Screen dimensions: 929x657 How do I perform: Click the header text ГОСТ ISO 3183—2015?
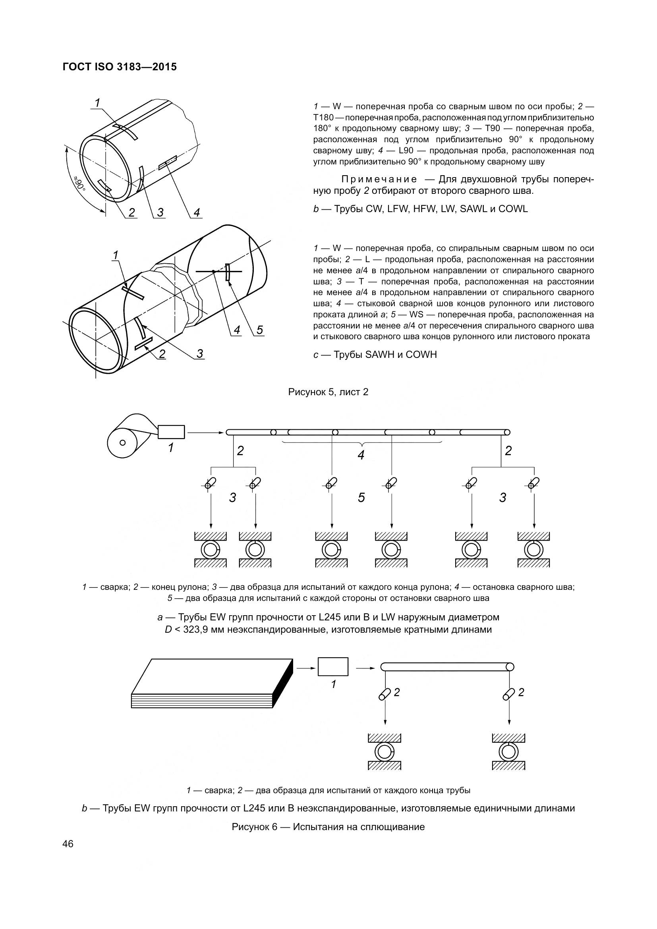pyautogui.click(x=120, y=67)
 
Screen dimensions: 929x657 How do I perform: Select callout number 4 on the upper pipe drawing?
pyautogui.click(x=197, y=212)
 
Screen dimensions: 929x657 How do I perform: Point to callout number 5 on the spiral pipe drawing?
pyautogui.click(x=259, y=330)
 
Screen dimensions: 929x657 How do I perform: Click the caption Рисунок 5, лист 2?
pyautogui.click(x=328, y=392)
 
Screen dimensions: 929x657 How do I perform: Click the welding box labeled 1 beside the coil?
pyautogui.click(x=171, y=432)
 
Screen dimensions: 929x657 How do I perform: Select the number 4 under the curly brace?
pyautogui.click(x=361, y=455)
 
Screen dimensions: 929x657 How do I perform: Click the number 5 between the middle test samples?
pyautogui.click(x=361, y=497)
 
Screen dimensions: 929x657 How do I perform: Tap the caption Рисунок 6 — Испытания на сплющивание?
pyautogui.click(x=328, y=827)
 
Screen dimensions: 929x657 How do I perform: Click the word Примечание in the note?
pyautogui.click(x=379, y=179)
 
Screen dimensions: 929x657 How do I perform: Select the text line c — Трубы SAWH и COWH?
pyautogui.click(x=375, y=355)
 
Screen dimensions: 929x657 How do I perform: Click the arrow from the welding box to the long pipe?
pyautogui.click(x=205, y=433)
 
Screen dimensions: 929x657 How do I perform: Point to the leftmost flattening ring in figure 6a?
pyautogui.click(x=211, y=550)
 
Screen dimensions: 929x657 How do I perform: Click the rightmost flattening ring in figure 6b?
pyautogui.click(x=508, y=752)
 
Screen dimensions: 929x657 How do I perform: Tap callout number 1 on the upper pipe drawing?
pyautogui.click(x=97, y=104)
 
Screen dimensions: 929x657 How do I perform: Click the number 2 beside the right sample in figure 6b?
pyautogui.click(x=521, y=692)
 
